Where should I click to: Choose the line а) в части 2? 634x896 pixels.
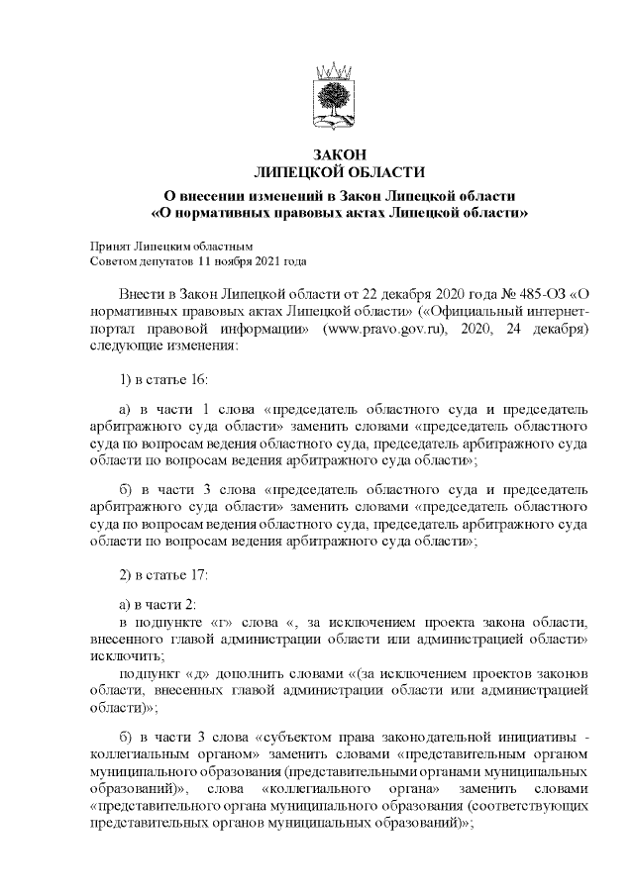pyautogui.click(x=158, y=604)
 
